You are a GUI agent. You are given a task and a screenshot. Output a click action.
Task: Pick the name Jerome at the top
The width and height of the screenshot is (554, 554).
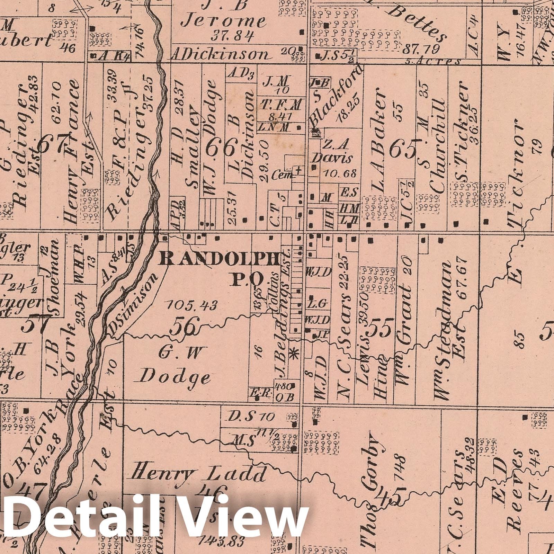point(224,21)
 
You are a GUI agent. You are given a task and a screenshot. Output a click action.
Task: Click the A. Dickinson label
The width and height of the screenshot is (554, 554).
point(220,54)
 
